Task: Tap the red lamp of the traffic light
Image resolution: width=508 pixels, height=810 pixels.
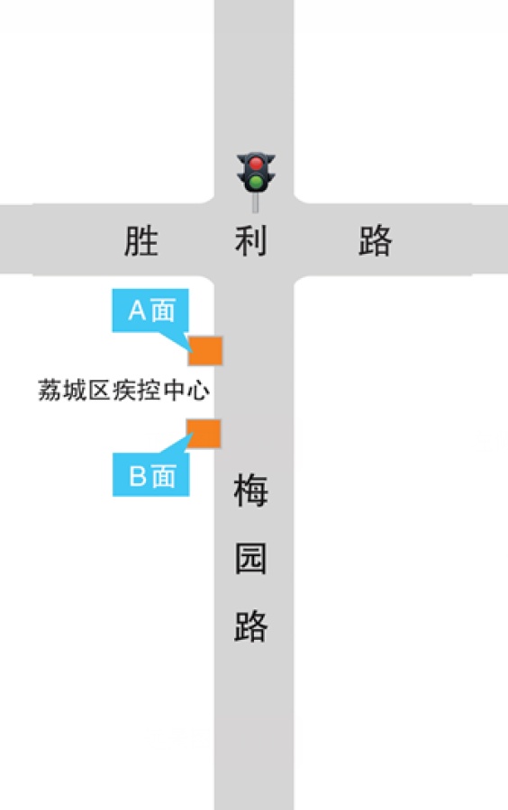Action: (256, 165)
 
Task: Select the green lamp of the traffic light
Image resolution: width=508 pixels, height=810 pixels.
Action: (256, 182)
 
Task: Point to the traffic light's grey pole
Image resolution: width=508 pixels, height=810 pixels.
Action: (255, 203)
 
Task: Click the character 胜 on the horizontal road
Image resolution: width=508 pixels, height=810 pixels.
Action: (141, 240)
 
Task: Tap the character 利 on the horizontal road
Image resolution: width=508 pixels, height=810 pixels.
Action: (251, 240)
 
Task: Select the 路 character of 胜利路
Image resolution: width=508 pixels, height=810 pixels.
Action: (376, 240)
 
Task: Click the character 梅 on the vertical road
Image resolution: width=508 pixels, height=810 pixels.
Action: (251, 490)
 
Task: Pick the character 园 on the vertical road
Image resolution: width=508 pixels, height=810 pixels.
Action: (251, 558)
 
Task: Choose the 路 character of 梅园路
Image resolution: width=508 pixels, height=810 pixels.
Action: (251, 626)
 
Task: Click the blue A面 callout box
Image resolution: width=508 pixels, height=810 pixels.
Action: (150, 310)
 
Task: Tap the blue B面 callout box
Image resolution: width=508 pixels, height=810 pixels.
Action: (151, 474)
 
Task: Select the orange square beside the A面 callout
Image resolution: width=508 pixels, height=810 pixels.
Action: (205, 351)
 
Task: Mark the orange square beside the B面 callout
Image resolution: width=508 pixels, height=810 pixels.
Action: (204, 434)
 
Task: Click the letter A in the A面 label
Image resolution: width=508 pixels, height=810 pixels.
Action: (138, 310)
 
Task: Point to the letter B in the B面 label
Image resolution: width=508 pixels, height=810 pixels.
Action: (138, 476)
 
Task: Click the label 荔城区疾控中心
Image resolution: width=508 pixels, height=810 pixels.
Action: (124, 390)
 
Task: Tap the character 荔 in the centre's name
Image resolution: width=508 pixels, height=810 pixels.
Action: (50, 390)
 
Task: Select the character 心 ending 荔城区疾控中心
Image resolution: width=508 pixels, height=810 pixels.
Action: (198, 390)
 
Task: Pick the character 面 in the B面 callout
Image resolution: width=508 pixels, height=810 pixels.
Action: (164, 476)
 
